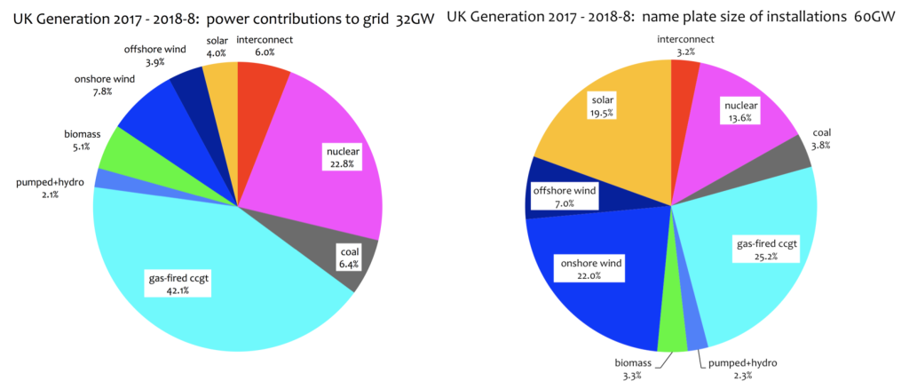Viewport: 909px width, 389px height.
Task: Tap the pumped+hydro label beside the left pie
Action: [50, 182]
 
